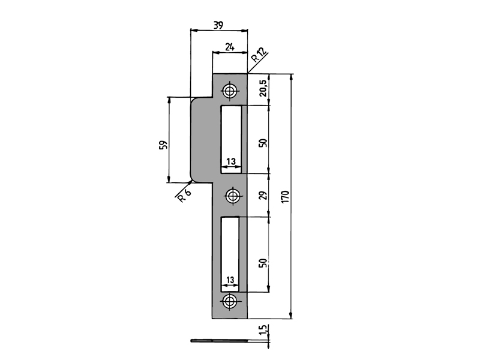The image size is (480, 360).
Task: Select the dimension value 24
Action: point(229,47)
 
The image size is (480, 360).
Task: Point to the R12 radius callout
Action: point(259,56)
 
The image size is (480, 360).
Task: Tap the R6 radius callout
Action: point(184,195)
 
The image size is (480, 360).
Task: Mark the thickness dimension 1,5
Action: point(263,329)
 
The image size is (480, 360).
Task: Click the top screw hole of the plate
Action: point(230,91)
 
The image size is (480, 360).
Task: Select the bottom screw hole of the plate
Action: point(230,302)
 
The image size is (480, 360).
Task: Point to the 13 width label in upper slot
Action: point(231,161)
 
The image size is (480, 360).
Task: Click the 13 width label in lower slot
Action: point(231,280)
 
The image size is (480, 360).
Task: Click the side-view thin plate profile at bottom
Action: point(222,341)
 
